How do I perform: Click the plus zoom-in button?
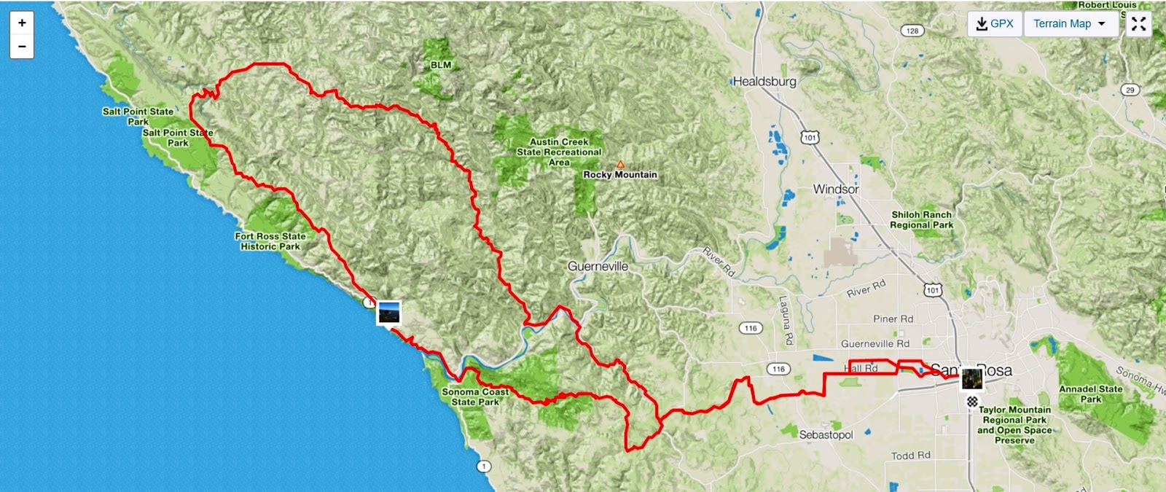(22, 23)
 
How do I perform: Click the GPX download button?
(995, 23)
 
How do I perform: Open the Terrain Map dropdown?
(1069, 23)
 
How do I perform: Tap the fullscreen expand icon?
(1138, 23)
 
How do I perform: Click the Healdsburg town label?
(764, 82)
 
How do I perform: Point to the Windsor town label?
(836, 189)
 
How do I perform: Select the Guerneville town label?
(598, 267)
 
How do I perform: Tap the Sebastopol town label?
(826, 434)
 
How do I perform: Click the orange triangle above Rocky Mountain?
(620, 165)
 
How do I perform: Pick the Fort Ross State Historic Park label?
(270, 241)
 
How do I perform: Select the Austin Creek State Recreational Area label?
(559, 152)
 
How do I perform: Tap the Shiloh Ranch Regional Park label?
(922, 219)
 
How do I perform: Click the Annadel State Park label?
(1090, 394)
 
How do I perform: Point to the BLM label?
(441, 65)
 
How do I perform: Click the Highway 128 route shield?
(912, 31)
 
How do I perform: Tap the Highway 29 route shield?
(1130, 90)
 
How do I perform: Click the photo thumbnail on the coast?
(388, 313)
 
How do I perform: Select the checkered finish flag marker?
(972, 402)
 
